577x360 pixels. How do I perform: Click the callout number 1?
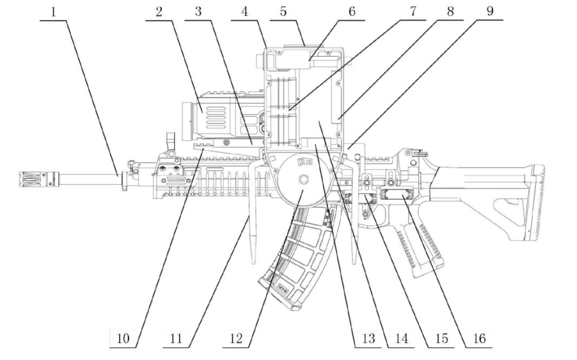[x=53, y=12]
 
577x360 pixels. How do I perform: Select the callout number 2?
[x=159, y=12]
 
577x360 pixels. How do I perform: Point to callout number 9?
[x=489, y=11]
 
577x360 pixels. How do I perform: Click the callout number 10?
[x=123, y=339]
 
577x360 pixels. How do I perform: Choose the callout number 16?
[x=477, y=339]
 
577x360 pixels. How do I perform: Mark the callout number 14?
[x=401, y=339]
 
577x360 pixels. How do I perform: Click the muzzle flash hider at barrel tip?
[x=32, y=177]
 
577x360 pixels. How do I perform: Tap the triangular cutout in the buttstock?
[x=509, y=208]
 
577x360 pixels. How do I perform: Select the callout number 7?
[x=414, y=12]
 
